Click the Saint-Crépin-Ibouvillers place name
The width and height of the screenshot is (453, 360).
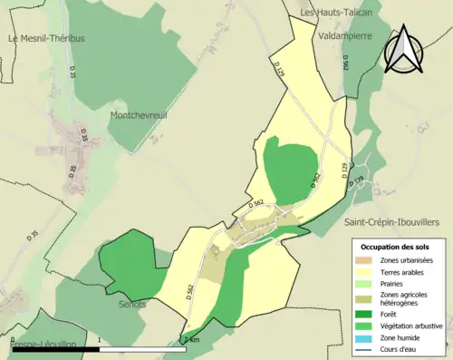[391, 221]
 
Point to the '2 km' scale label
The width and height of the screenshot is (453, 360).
[191, 340]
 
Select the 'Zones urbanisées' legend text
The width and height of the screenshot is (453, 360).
[406, 260]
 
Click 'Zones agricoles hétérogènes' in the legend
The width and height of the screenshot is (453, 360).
[407, 299]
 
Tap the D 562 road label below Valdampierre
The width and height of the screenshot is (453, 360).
[345, 61]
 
